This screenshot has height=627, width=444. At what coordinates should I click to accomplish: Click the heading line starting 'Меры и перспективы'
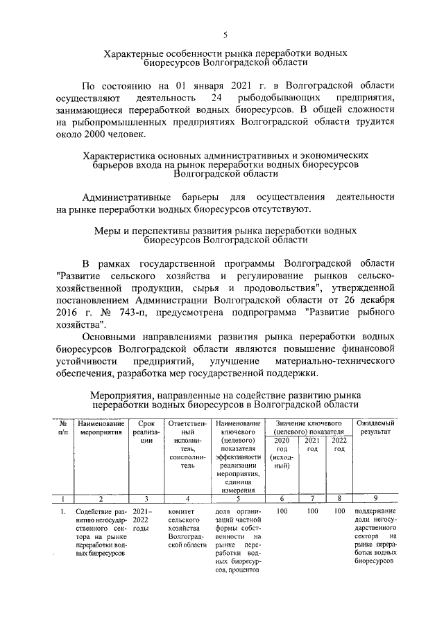(225, 230)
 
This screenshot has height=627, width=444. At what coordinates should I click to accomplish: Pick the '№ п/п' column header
(63, 427)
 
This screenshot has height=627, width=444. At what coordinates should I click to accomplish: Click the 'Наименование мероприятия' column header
(101, 427)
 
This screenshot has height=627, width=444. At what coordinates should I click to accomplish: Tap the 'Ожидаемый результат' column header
(375, 427)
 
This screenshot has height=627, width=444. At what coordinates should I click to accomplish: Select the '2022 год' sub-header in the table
(339, 444)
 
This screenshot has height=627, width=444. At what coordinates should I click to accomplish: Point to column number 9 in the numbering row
(375, 498)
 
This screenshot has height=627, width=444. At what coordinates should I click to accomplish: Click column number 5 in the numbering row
(237, 498)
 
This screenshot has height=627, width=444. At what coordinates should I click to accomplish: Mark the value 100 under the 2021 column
(313, 512)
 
